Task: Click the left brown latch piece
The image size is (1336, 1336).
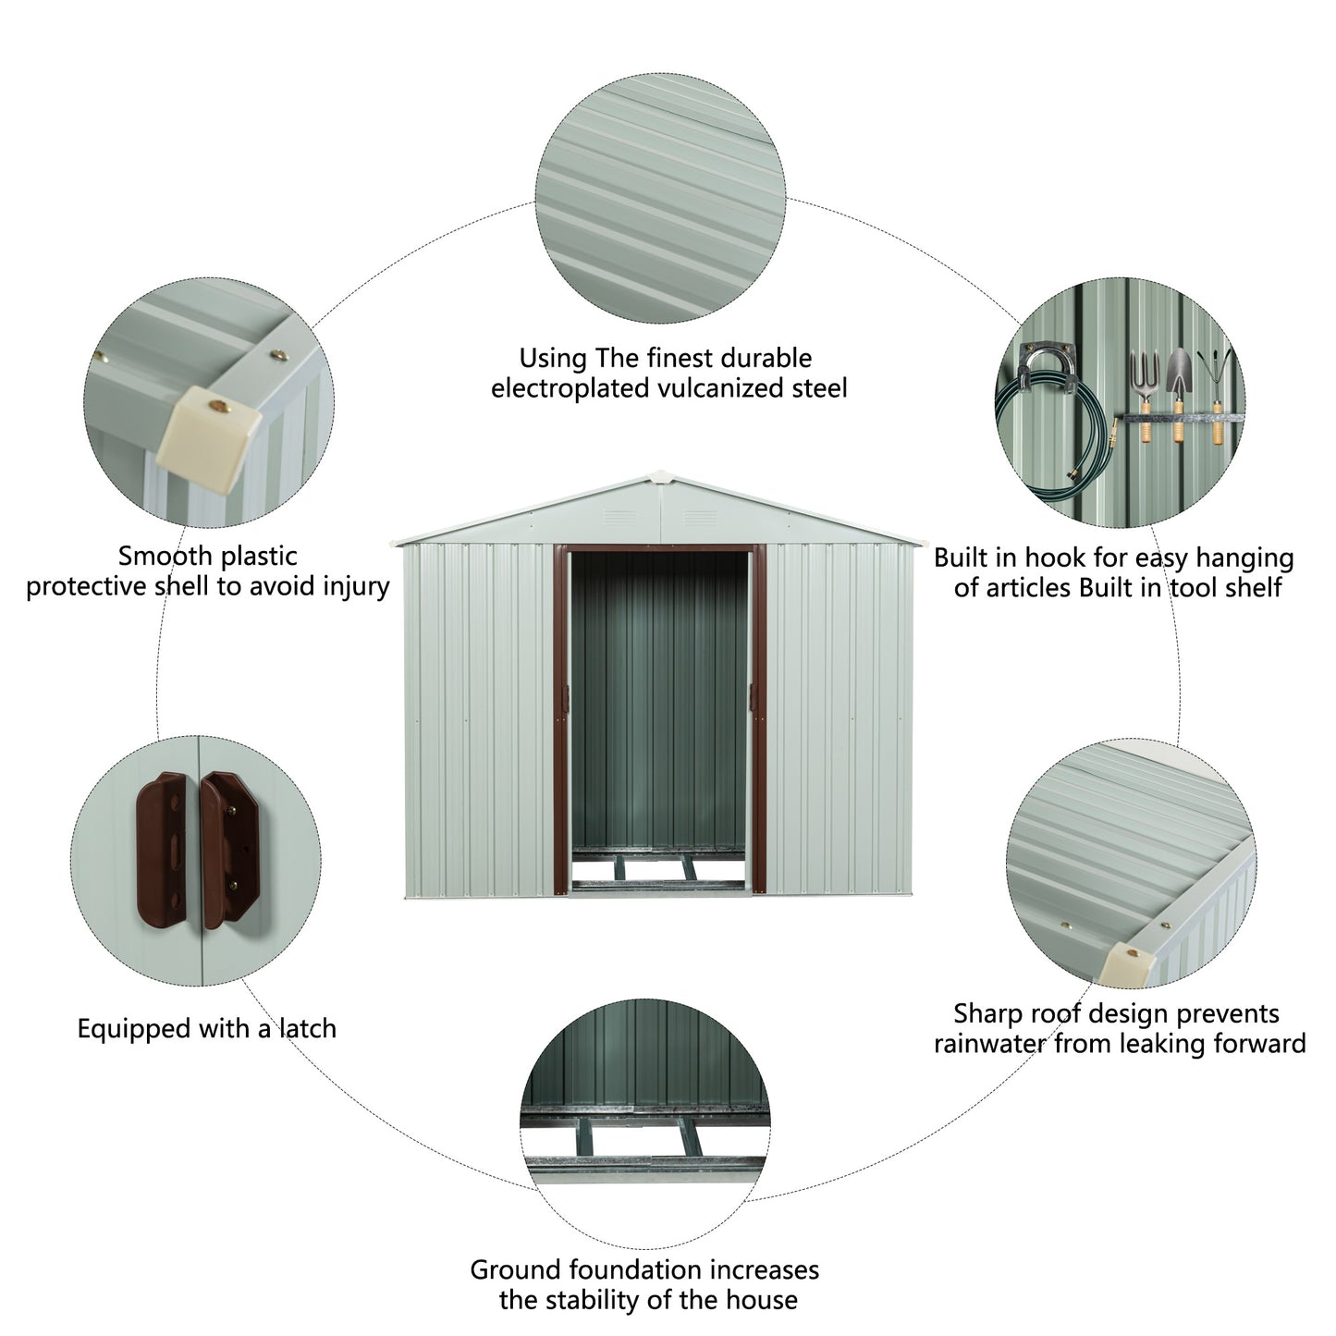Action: [x=169, y=848]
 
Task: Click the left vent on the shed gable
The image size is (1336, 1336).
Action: [x=617, y=515]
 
